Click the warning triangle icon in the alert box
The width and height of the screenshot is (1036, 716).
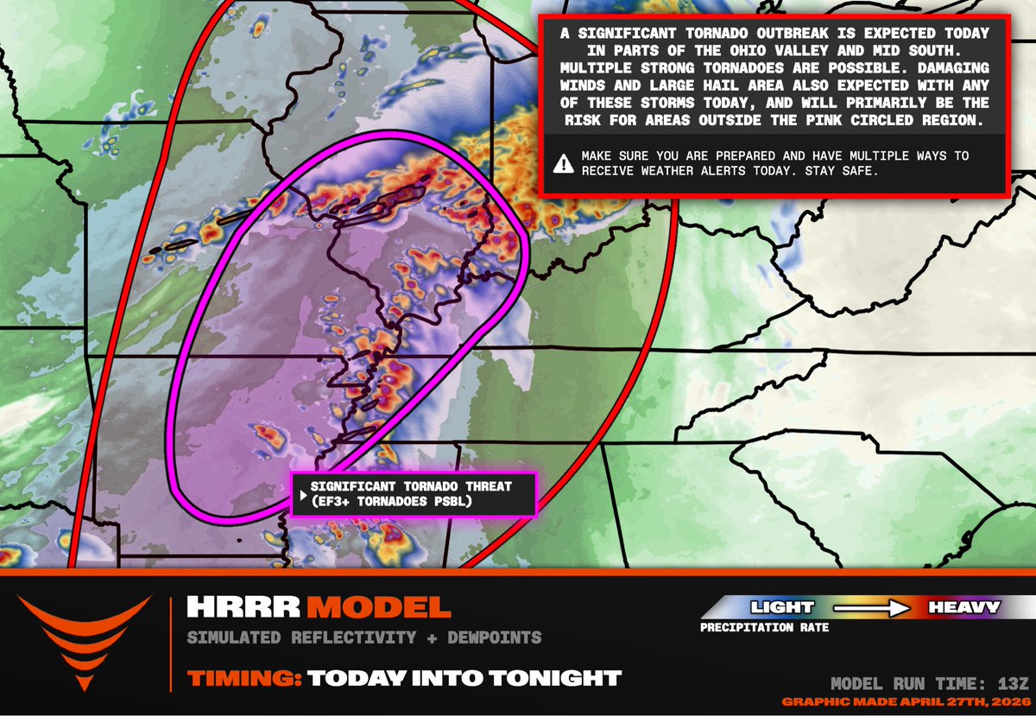point(564,162)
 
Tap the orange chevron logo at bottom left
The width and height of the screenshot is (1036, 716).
point(84,639)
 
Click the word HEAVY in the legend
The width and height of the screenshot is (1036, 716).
point(963,607)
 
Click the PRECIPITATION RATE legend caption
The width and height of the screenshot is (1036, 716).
point(764,628)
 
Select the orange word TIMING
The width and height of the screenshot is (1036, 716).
point(243,678)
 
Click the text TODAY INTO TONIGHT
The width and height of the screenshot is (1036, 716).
point(464,678)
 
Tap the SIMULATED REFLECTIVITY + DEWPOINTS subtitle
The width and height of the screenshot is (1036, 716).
point(364,638)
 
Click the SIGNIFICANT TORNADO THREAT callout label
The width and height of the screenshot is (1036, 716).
point(411,487)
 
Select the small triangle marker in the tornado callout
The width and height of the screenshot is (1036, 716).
point(301,496)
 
